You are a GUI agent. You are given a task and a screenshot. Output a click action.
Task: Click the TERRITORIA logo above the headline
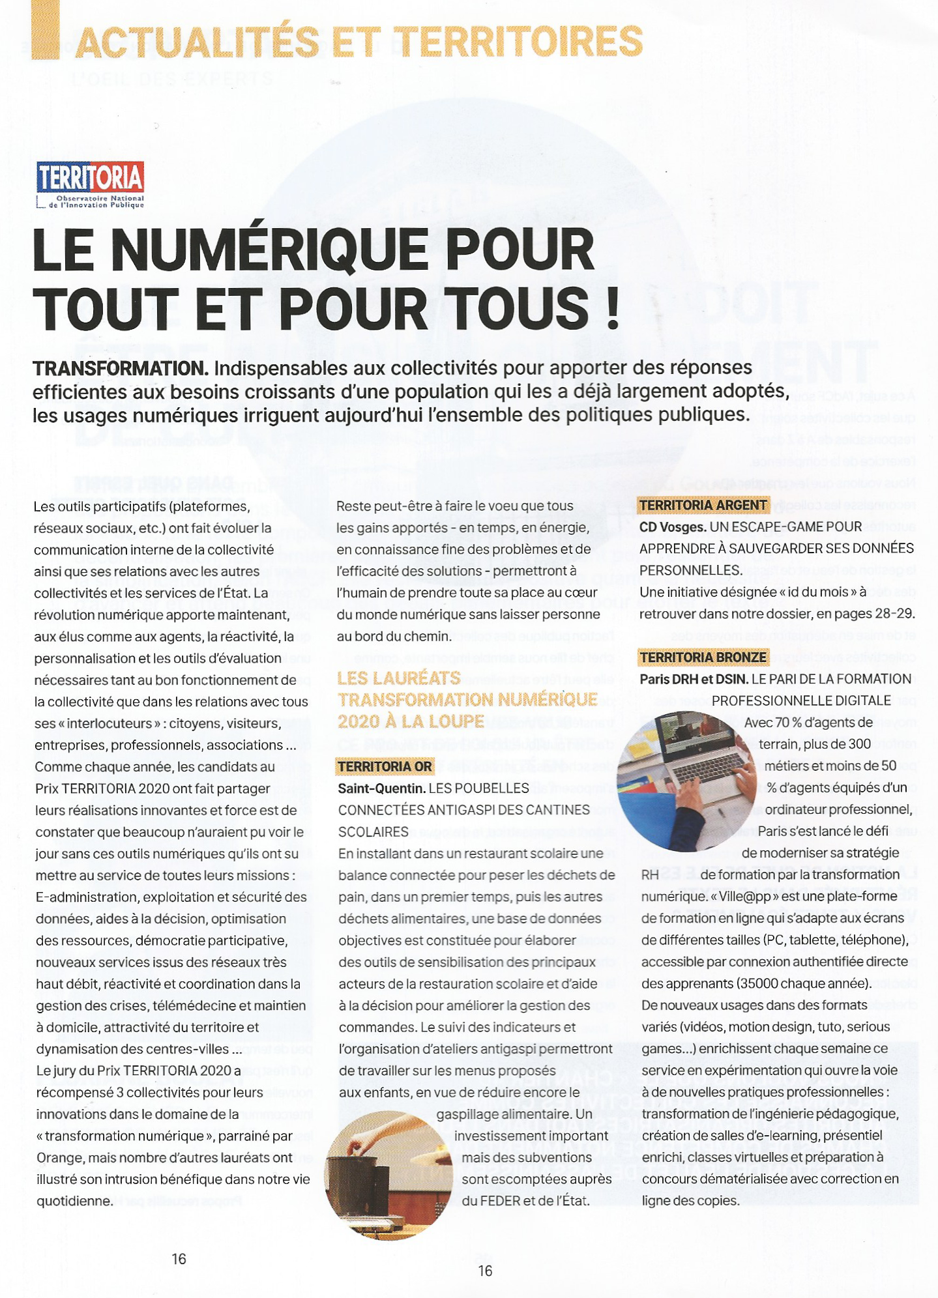click(x=91, y=184)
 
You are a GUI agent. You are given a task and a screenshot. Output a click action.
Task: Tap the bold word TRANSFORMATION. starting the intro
click(x=121, y=369)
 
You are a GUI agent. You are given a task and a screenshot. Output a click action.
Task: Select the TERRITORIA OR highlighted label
click(x=385, y=766)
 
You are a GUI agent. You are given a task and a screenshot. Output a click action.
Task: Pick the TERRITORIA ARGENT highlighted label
click(x=703, y=505)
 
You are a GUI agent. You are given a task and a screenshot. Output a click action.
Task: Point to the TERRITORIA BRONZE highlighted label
click(x=703, y=657)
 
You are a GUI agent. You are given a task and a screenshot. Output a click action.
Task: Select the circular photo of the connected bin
click(x=388, y=1174)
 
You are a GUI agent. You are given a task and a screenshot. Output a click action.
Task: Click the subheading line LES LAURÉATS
click(x=398, y=678)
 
